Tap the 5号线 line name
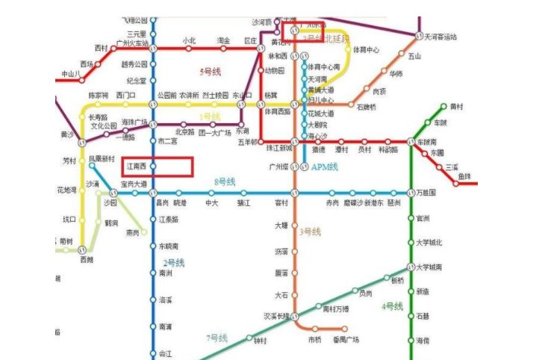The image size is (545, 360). pos(213,72)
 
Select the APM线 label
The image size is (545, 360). pos(324,167)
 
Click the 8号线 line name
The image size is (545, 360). pos(224,181)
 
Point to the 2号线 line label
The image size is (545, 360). pos(174,263)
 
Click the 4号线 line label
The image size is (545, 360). pos(392,306)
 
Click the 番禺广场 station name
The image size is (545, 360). pos(346,340)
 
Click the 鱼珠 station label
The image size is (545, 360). pos(464,176)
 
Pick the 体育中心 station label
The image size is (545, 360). pos(366,49)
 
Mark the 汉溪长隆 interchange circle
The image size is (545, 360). pos(295,316)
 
